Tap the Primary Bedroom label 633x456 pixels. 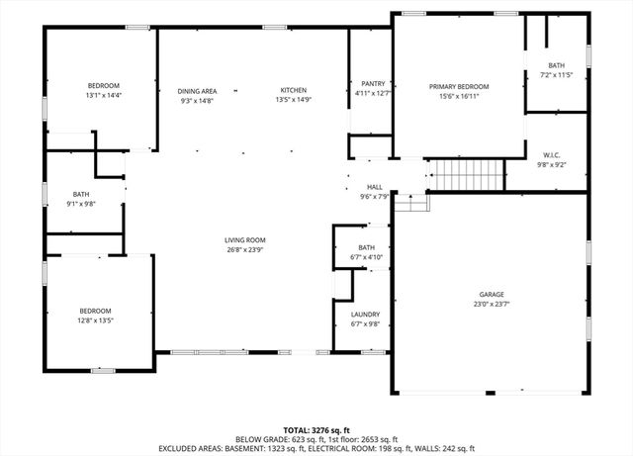(459, 87)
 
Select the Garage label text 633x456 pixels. (492, 295)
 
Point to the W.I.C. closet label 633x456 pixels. (552, 155)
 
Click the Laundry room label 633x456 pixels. (365, 315)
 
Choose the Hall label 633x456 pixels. (375, 187)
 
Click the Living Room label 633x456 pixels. (244, 239)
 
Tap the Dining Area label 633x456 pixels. (197, 90)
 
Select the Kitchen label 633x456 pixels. (294, 90)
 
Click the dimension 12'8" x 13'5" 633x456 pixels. (95, 319)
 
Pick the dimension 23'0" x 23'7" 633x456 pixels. (492, 305)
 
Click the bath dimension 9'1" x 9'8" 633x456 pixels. (81, 204)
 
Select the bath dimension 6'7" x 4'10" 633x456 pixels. (366, 257)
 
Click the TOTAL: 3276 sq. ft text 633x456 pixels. (316, 430)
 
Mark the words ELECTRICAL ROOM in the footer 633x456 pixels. (371, 448)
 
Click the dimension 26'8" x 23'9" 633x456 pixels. (244, 249)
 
